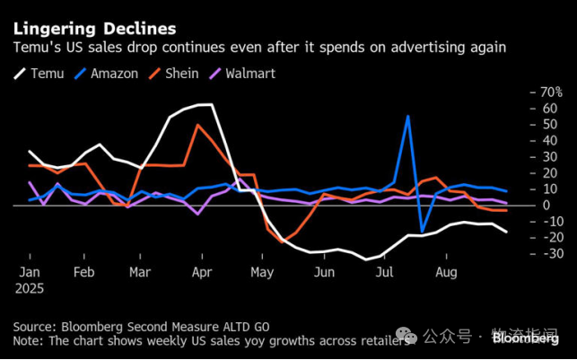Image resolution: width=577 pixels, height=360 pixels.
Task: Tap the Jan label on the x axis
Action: [30, 271]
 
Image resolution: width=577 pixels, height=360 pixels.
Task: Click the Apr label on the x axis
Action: [202, 271]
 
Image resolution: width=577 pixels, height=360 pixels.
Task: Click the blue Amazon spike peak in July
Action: [408, 116]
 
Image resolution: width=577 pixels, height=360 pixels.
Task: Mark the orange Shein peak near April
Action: [197, 125]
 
